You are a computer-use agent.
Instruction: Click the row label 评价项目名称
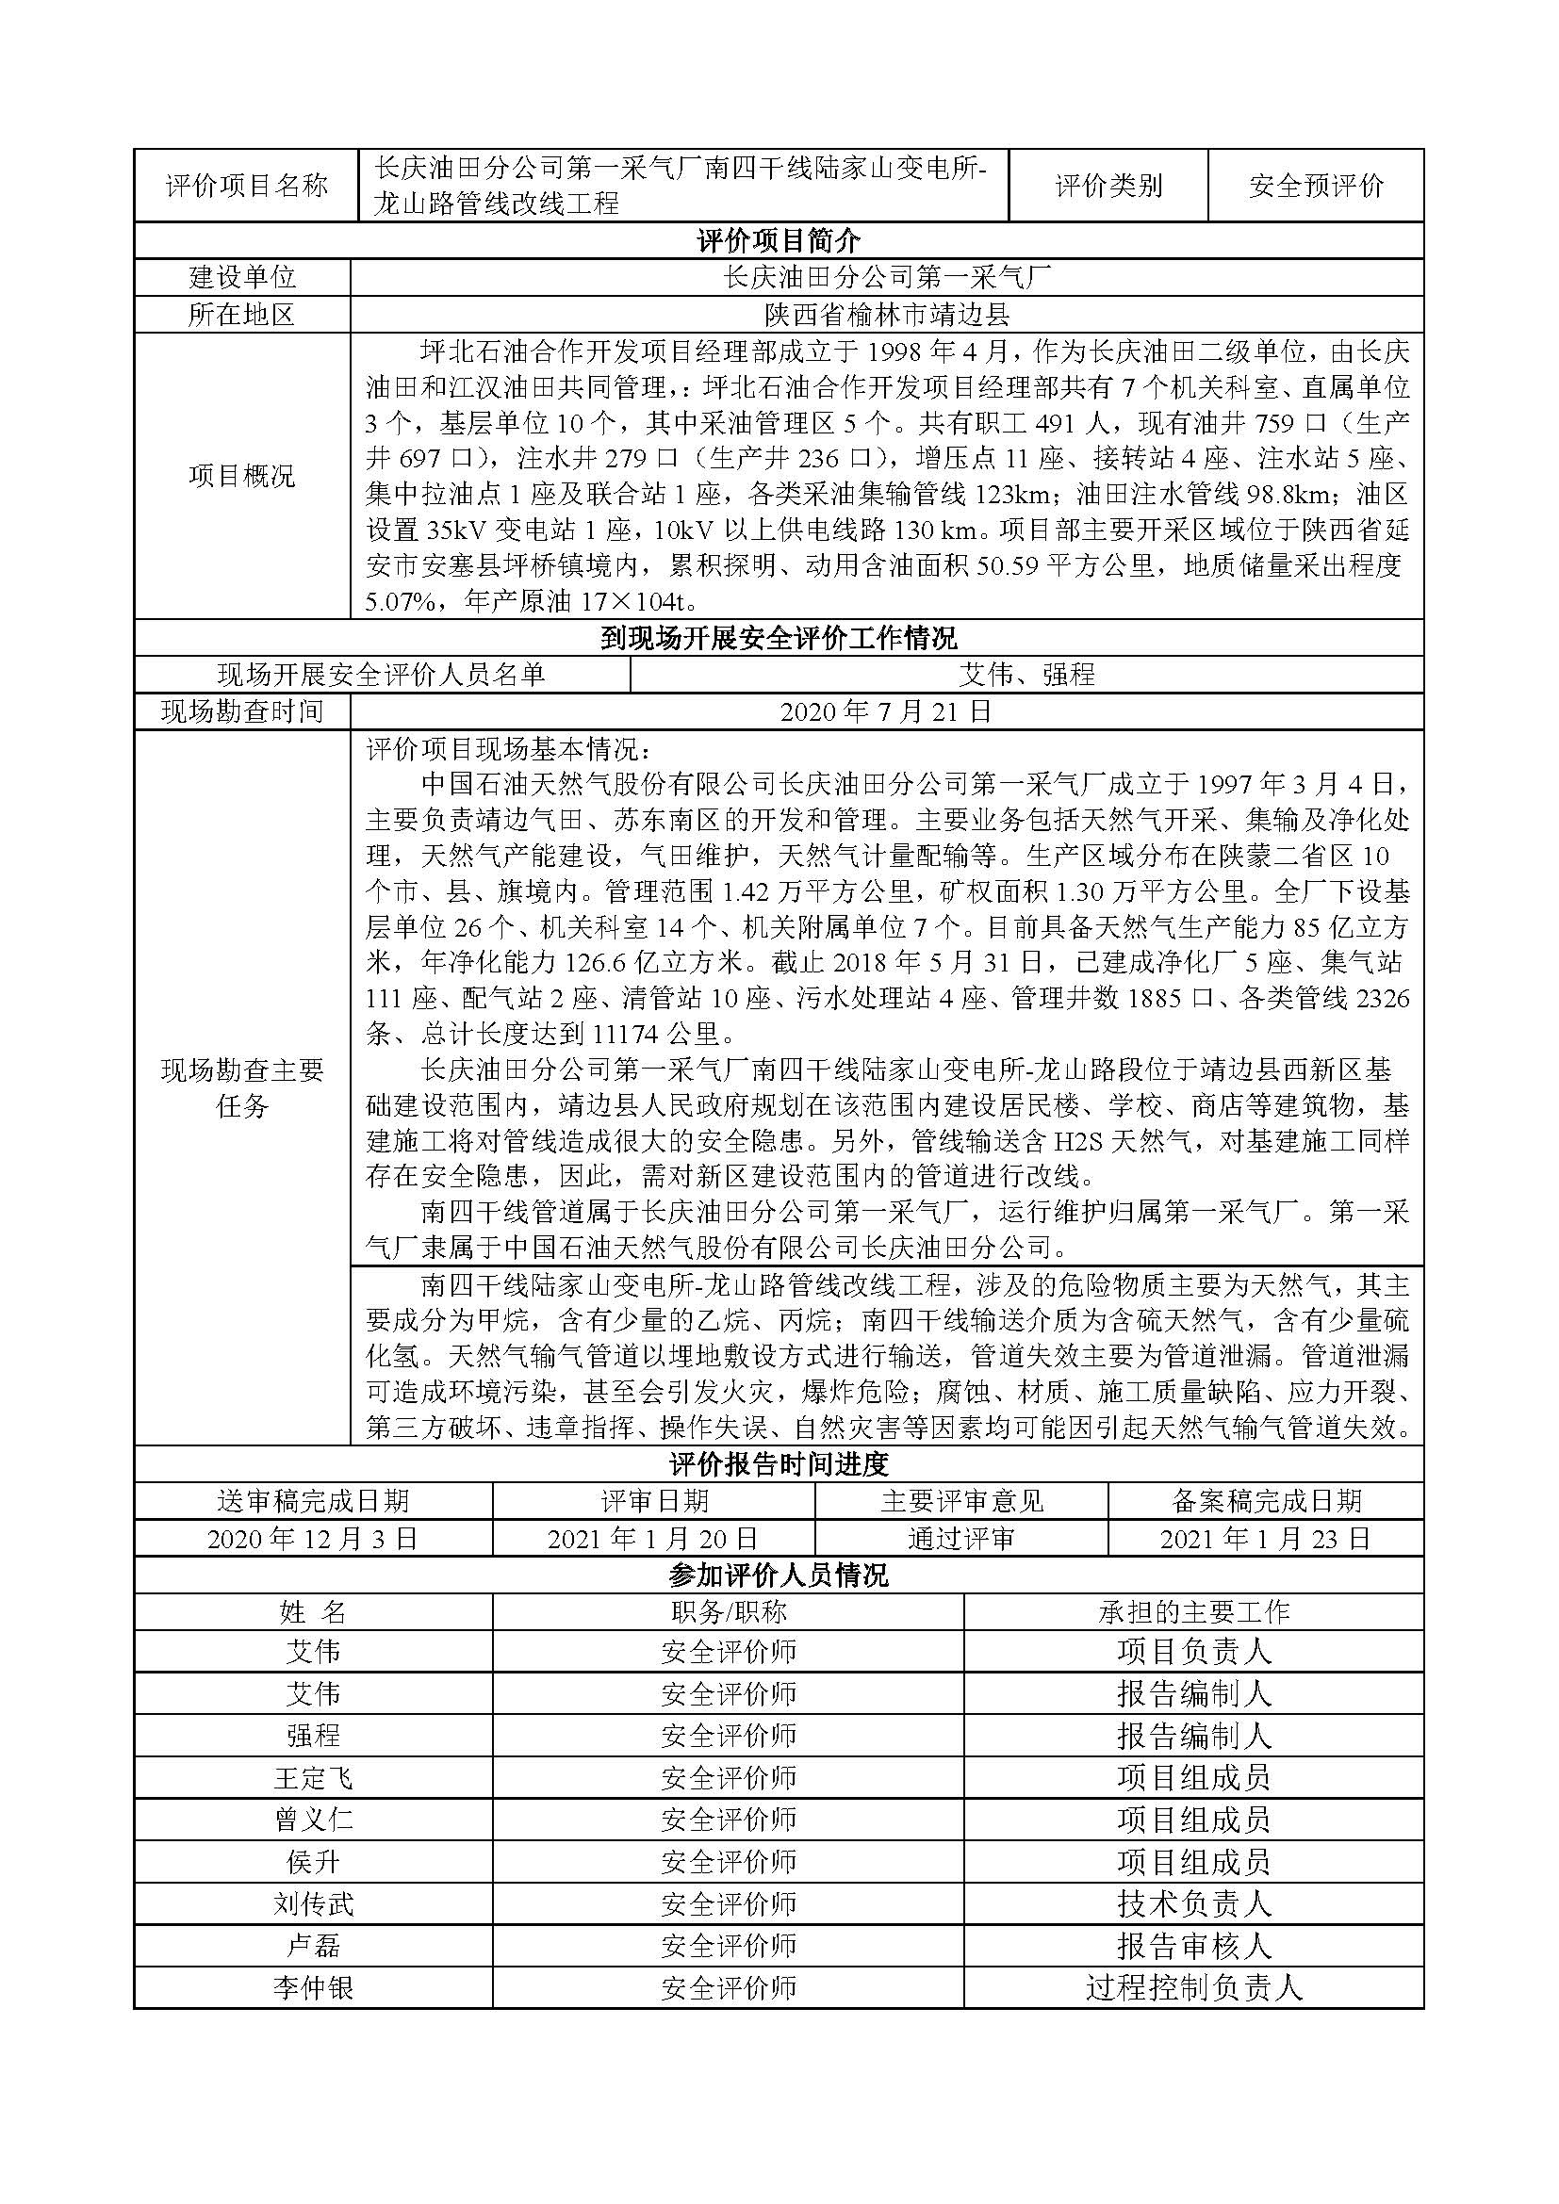coord(247,186)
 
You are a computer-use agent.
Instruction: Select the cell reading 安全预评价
coord(1315,186)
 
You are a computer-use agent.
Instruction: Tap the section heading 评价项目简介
coord(779,240)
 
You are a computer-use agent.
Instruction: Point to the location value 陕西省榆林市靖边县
coord(887,314)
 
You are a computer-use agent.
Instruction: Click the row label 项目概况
coord(242,476)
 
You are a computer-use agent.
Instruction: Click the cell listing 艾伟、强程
coord(1026,675)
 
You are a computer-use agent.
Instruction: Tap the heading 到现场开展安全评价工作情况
coord(779,638)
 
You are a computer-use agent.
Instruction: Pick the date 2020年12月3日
coord(313,1539)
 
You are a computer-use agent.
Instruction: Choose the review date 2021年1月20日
coord(653,1539)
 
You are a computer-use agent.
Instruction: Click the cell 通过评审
coord(960,1539)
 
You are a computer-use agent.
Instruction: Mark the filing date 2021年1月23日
coord(1265,1539)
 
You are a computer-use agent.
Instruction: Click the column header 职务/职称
coord(728,1611)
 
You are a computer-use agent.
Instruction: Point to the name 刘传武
coord(313,1903)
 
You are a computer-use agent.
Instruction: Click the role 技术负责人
coord(1193,1903)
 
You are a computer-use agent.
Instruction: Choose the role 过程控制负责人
coord(1193,1987)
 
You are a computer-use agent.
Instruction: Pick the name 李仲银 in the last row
coord(313,1987)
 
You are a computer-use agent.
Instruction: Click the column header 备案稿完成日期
coord(1265,1501)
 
